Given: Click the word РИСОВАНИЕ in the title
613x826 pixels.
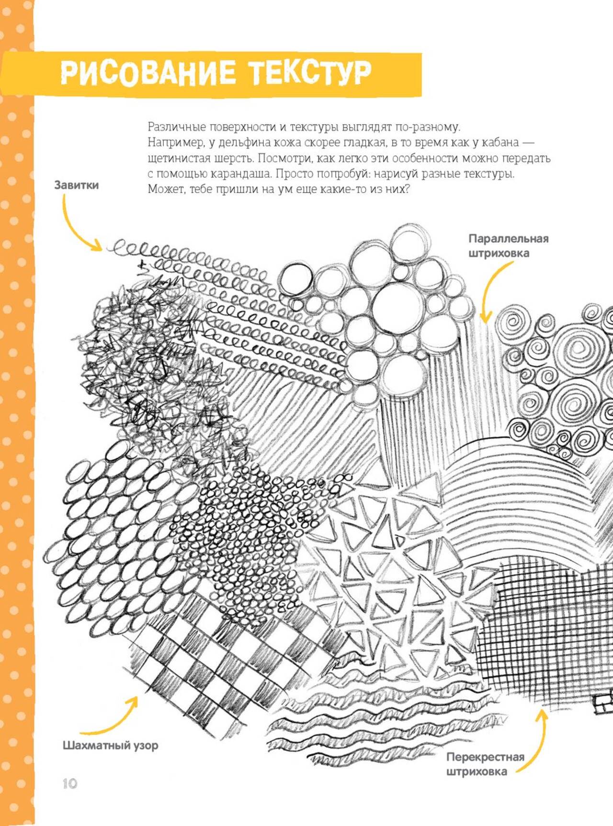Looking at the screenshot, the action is coord(148,74).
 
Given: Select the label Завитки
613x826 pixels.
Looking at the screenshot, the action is coord(76,185).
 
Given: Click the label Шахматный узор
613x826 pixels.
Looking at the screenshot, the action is coord(110,745).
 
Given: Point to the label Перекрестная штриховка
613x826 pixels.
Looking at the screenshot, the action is coord(485,764).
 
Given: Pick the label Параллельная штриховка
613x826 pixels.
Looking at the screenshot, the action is coord(508,246).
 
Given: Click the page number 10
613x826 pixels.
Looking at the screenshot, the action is coord(69,783).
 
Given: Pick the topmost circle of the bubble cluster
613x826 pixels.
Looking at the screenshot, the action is coord(409,243).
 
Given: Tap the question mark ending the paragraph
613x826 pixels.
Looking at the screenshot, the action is coord(406,189).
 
